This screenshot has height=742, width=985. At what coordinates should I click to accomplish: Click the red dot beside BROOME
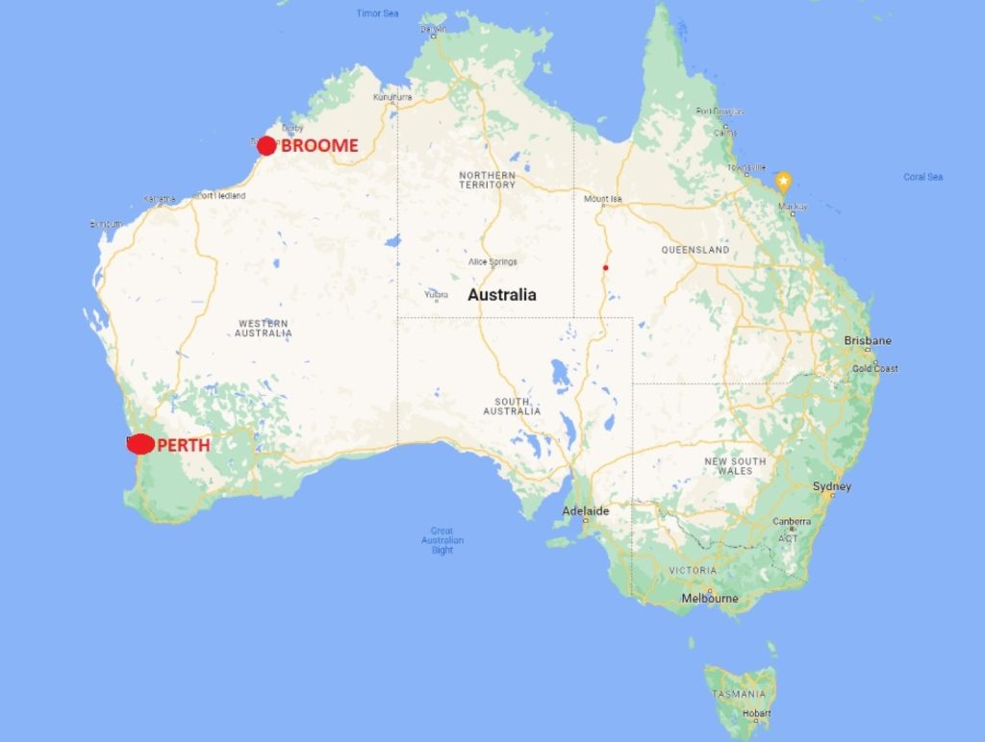pyautogui.click(x=266, y=146)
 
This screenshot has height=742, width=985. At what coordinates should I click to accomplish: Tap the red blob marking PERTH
pyautogui.click(x=140, y=444)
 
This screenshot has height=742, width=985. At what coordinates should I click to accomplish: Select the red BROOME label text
pyautogui.click(x=319, y=146)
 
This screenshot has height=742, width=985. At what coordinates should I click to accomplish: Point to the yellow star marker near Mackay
pyautogui.click(x=784, y=181)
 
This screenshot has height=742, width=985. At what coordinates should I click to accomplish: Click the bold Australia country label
pyautogui.click(x=502, y=295)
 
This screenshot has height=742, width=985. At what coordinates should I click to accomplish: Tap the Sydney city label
pyautogui.click(x=832, y=486)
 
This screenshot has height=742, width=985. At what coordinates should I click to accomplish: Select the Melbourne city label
pyautogui.click(x=709, y=598)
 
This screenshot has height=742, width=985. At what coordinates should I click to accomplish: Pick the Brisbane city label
pyautogui.click(x=868, y=341)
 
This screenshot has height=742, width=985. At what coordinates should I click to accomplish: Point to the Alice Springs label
pyautogui.click(x=492, y=261)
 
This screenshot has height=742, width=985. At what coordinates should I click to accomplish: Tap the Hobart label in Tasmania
pyautogui.click(x=756, y=712)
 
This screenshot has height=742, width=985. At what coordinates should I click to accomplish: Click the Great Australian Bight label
pyautogui.click(x=442, y=541)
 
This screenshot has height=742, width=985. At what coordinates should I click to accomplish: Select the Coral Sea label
pyautogui.click(x=923, y=177)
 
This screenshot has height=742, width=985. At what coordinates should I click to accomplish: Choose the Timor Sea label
pyautogui.click(x=377, y=13)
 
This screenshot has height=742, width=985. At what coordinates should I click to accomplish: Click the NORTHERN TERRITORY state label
pyautogui.click(x=487, y=180)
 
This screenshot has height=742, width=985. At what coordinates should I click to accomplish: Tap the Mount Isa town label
pyautogui.click(x=604, y=200)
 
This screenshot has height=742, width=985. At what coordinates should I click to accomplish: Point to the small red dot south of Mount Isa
pyautogui.click(x=605, y=267)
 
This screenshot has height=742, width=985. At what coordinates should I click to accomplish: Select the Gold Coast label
pyautogui.click(x=874, y=368)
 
